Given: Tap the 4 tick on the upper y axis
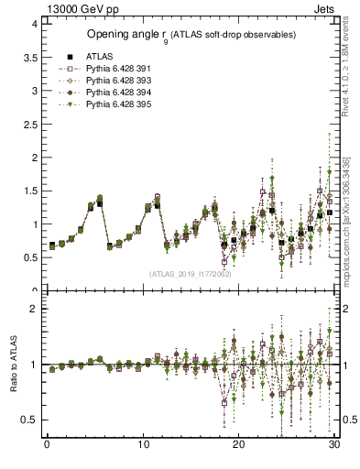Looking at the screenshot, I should click(x=35, y=24).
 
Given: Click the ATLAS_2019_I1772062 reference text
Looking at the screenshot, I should click(x=191, y=274).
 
